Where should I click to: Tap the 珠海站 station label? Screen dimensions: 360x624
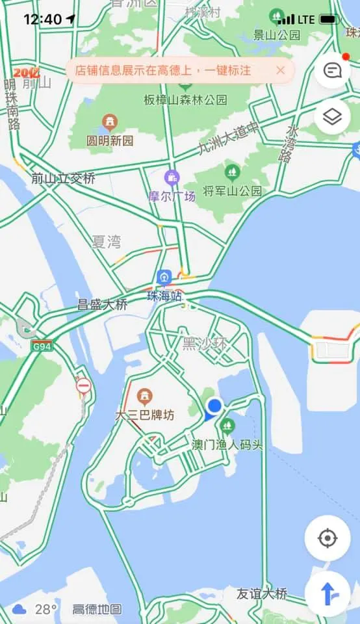164,296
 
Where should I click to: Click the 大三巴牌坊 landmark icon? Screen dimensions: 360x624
145,395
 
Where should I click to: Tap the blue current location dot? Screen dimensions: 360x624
214,406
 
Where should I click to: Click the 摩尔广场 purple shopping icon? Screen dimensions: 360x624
172,177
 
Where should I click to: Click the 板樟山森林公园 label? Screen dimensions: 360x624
186,100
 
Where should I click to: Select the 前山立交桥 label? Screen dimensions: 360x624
63,178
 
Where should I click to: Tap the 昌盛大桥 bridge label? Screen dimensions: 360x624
103,304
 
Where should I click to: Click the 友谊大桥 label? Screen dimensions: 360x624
262,593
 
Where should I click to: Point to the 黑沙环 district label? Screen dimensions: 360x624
205,344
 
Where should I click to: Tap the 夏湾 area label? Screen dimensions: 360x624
106,242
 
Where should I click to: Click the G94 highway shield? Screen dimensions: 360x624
40,346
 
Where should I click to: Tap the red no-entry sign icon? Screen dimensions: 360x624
83,386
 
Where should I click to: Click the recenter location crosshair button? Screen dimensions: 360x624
328,538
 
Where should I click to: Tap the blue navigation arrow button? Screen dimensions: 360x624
328,593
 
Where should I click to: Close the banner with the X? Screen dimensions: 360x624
281,70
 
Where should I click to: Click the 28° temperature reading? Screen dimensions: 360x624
46,609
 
